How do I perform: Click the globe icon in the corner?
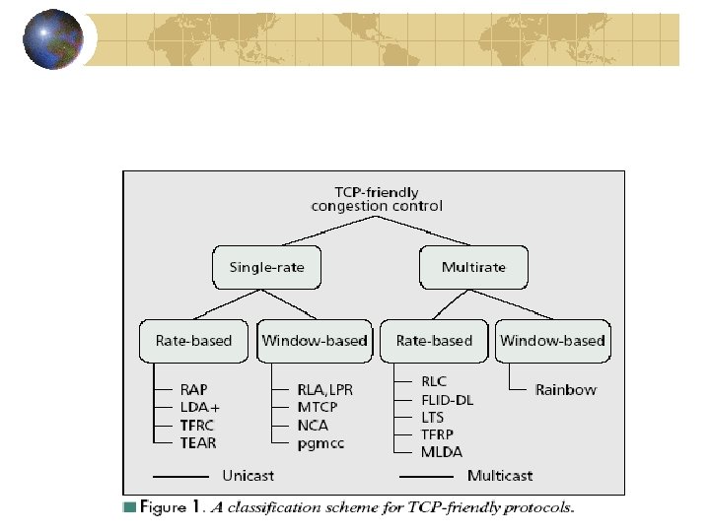pos(53,40)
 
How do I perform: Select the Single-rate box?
pos(266,267)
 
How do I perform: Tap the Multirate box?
pos(473,267)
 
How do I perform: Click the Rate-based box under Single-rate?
pos(193,341)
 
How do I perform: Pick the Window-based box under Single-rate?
pos(315,341)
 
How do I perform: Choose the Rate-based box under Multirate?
pos(434,341)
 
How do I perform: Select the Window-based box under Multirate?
pos(552,341)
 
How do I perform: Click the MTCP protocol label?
pos(318,408)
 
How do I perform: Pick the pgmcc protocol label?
pos(321,444)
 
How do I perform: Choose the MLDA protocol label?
pos(442,451)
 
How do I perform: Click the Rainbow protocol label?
pos(565,390)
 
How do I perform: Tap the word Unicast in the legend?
pos(249,475)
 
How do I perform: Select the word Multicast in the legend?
pos(500,475)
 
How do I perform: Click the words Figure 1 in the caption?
pos(172,508)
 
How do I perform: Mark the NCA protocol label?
pos(314,426)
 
